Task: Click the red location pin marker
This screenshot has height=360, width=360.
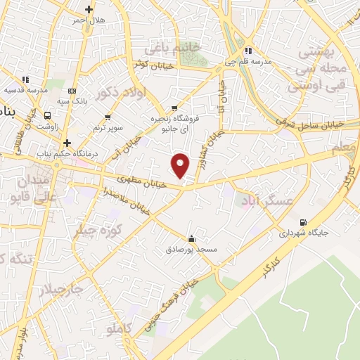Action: pyautogui.click(x=181, y=165)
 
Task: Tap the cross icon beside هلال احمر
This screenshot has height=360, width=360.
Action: pyautogui.click(x=89, y=10)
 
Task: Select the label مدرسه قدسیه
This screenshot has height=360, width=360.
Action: pyautogui.click(x=26, y=90)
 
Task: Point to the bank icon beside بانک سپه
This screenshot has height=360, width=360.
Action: pyautogui.click(x=71, y=91)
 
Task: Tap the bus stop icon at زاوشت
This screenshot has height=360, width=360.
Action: pyautogui.click(x=46, y=115)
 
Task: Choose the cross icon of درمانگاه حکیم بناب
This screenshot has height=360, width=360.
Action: pyautogui.click(x=66, y=141)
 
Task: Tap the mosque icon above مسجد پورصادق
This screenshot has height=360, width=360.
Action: pyautogui.click(x=191, y=238)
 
